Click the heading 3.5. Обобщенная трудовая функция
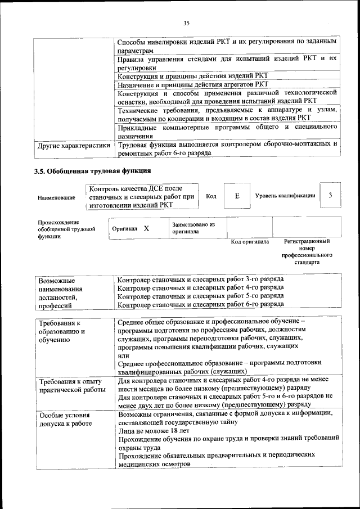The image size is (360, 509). [x=92, y=170]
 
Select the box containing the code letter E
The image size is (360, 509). [x=237, y=196]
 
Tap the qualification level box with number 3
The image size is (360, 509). [x=330, y=195]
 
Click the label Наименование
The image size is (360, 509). [x=56, y=198]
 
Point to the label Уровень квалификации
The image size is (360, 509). [x=285, y=196]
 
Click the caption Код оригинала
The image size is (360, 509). [x=250, y=242]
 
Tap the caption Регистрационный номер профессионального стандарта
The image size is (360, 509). [x=307, y=251]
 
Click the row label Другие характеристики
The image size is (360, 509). [x=73, y=145]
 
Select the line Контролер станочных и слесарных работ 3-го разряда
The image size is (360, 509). [x=200, y=279]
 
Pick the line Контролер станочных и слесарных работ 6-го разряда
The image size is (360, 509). [x=200, y=304]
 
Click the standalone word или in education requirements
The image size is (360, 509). [x=123, y=355]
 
